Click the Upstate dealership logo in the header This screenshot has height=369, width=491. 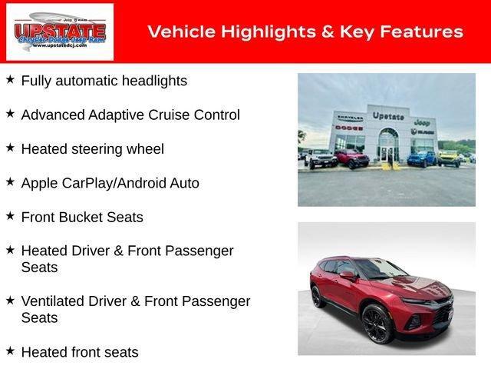click(x=60, y=32)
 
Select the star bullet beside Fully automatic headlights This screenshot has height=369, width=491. click(x=10, y=79)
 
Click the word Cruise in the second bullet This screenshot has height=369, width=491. click(x=170, y=115)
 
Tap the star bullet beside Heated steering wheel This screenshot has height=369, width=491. click(x=10, y=147)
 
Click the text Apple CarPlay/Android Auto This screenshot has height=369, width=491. click(x=110, y=183)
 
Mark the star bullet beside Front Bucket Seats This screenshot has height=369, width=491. click(x=10, y=215)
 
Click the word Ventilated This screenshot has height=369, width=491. click(x=53, y=301)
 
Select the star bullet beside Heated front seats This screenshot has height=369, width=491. click(x=10, y=351)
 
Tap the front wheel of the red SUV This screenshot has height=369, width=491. click(x=377, y=322)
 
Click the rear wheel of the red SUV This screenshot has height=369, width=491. click(x=318, y=296)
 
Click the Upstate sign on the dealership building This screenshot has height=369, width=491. click(x=388, y=115)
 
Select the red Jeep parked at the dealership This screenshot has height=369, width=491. click(x=351, y=158)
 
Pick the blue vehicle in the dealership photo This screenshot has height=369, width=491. click(x=419, y=158)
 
